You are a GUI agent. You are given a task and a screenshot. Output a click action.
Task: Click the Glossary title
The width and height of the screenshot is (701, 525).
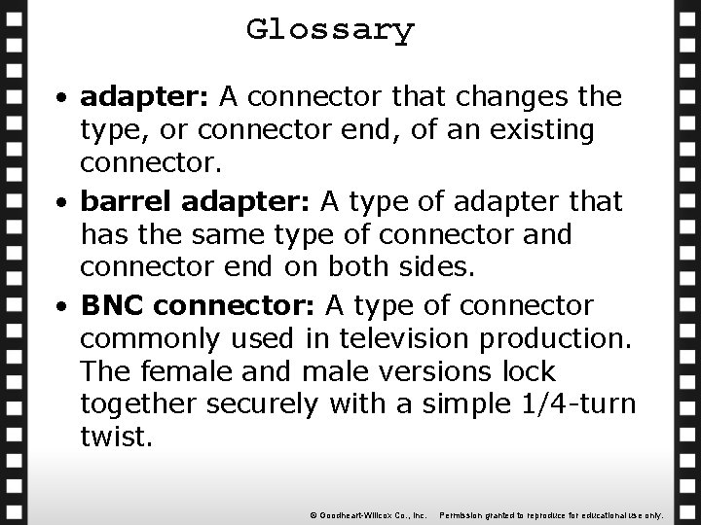tap(330, 29)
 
